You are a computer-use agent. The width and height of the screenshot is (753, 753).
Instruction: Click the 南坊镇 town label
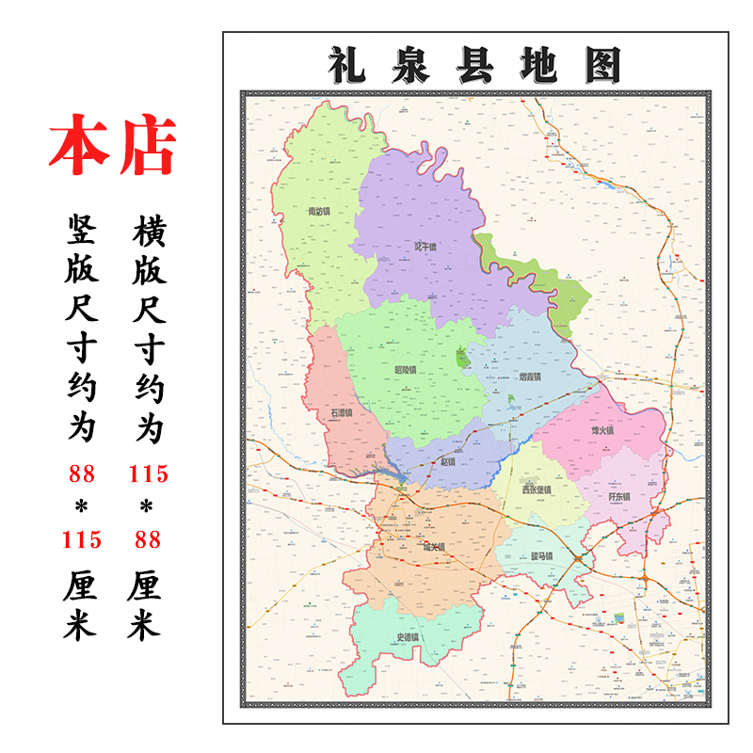click(x=319, y=212)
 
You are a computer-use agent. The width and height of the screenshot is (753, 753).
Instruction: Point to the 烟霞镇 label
click(x=531, y=376)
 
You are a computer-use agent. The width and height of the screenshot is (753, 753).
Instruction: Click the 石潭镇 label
click(x=341, y=412)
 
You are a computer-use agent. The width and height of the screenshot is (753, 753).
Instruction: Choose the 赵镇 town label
click(x=447, y=462)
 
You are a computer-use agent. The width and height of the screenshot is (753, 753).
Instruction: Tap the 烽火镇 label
click(x=602, y=430)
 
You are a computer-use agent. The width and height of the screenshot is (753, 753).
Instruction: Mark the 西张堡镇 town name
click(x=537, y=489)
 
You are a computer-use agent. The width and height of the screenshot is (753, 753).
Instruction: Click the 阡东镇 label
click(x=618, y=496)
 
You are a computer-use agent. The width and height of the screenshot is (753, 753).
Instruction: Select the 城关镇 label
click(x=434, y=546)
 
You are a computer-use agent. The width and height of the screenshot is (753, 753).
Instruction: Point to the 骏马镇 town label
click(x=541, y=556)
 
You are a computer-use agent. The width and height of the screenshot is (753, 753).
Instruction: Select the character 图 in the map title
click(x=602, y=65)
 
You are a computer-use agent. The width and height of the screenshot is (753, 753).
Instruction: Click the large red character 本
click(x=78, y=147)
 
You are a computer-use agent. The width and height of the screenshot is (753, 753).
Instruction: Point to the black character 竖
click(x=81, y=229)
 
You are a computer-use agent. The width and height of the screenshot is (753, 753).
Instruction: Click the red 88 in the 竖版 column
click(x=81, y=473)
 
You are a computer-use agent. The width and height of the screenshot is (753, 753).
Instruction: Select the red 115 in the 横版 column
click(x=149, y=473)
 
